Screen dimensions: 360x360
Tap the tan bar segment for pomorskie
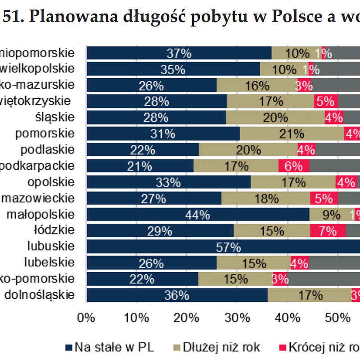click(x=292, y=134)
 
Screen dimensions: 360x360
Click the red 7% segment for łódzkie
click(x=328, y=231)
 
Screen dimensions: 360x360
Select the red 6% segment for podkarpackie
click(x=293, y=166)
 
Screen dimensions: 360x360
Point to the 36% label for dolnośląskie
click(x=176, y=296)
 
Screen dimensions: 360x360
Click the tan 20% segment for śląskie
click(x=275, y=117)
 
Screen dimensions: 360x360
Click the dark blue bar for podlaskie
click(x=142, y=150)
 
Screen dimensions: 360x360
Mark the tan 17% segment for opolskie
click(x=293, y=182)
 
